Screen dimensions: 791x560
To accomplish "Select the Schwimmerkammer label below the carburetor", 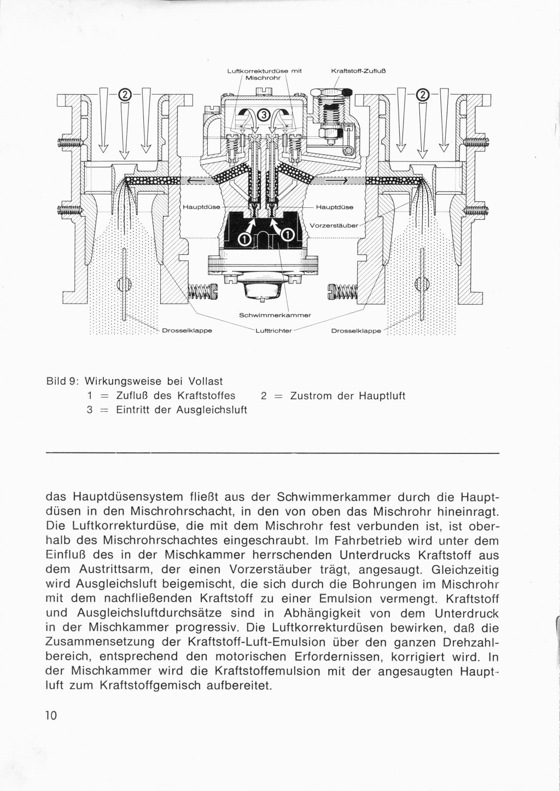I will pos(275,316).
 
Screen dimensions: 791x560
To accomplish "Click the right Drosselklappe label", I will pos(357,331).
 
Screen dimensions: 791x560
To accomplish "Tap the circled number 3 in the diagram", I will pos(264,115).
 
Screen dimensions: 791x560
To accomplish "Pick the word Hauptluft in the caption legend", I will pos(382,395).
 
